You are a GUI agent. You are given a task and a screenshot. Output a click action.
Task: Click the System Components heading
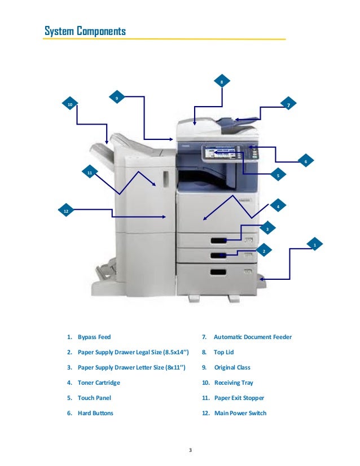[85, 31]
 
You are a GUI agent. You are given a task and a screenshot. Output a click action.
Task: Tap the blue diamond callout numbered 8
[222, 82]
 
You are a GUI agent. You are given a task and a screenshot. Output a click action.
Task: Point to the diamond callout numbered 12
[65, 210]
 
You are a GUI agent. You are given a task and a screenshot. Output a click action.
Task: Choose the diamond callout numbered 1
[315, 244]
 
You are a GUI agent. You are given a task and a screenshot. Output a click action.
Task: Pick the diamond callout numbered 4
[278, 206]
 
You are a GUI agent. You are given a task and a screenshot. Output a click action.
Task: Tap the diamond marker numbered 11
[89, 172]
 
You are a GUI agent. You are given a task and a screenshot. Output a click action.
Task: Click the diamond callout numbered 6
[305, 161]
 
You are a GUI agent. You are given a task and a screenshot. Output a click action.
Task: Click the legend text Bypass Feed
[94, 337]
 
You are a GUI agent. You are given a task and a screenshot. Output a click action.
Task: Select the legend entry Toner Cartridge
[99, 383]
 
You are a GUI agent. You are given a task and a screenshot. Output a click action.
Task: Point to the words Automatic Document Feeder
[252, 337]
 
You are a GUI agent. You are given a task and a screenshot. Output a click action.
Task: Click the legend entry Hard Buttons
[95, 413]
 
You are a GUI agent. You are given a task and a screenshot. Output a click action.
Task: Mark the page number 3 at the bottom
[190, 450]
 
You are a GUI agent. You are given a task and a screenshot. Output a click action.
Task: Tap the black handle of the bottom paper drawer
[218, 272]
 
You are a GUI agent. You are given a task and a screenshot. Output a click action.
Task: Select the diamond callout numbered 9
[116, 98]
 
